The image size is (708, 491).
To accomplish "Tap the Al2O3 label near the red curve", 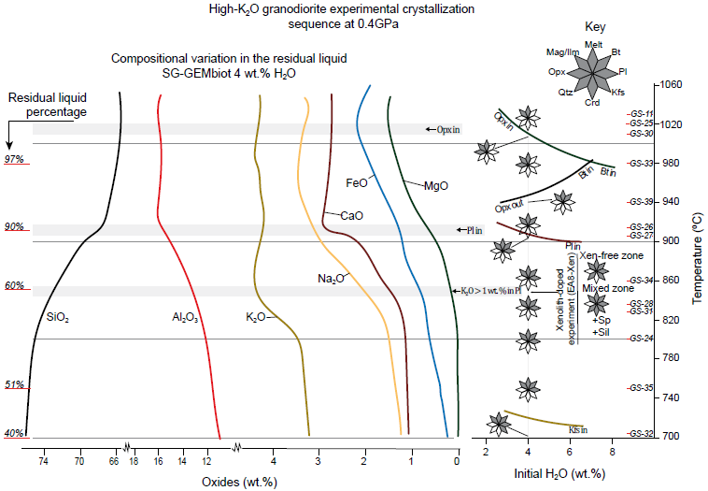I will coord(186,318).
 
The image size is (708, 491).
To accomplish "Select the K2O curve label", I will coord(255,318).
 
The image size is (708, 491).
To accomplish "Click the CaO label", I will coord(351,216).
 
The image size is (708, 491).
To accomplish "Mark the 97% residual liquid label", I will coord(16,160).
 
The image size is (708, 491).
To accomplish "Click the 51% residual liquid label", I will coord(16,384).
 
